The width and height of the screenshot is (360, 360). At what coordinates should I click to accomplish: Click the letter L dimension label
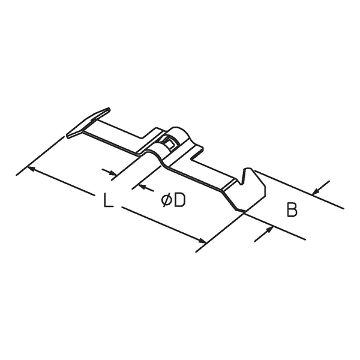[109, 200]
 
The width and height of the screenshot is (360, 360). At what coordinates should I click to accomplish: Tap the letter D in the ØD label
[179, 200]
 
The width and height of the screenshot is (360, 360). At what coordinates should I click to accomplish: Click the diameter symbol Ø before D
[166, 200]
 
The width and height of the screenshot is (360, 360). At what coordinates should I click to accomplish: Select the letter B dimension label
[292, 209]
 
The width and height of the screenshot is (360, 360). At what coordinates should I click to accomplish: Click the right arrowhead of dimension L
[202, 240]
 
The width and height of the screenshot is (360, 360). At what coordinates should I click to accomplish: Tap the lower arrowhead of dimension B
[269, 230]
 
